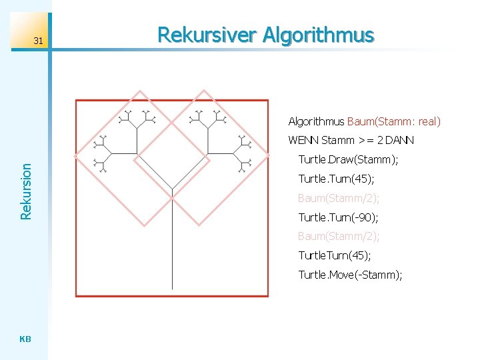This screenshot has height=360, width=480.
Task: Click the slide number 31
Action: click(38, 41)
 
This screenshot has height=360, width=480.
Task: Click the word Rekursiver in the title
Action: click(207, 35)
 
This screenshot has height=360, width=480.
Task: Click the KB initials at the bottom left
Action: click(25, 339)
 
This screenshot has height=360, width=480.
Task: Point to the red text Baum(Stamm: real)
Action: click(394, 121)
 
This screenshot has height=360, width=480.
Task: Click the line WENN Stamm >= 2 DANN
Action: click(351, 141)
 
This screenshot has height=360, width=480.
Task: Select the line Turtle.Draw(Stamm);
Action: click(348, 159)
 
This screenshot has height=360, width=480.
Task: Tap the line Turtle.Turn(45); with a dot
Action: click(336, 179)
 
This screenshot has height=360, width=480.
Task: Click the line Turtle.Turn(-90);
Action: click(339, 217)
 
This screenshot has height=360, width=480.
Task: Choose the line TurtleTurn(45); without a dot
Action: click(335, 255)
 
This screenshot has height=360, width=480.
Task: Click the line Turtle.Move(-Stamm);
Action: click(350, 275)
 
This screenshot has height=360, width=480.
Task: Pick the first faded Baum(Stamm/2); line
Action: click(339, 198)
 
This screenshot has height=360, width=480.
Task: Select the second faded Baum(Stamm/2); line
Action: click(339, 237)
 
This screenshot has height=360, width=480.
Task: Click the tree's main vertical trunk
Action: click(173, 247)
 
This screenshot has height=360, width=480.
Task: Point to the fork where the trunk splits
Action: click(173, 197)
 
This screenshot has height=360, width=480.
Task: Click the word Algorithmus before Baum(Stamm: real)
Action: click(316, 121)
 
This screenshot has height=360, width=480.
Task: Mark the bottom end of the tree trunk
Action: click(173, 288)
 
